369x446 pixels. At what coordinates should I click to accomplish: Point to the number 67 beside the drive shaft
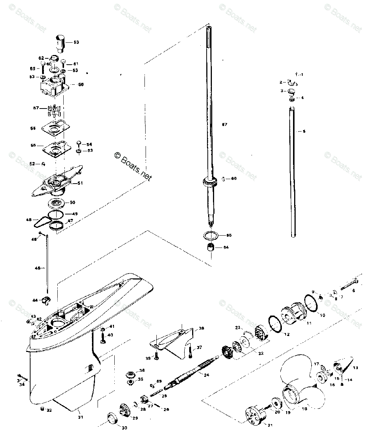point(225,125)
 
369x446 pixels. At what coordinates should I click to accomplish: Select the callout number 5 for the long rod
point(304,132)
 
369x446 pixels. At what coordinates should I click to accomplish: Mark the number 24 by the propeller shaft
point(206,375)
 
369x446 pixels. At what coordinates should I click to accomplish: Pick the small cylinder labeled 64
point(211,248)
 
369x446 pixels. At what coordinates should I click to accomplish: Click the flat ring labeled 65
point(211,236)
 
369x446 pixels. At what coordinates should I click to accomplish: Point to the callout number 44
point(35,300)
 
